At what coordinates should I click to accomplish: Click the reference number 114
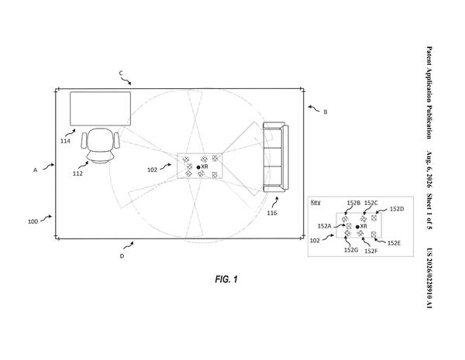point(65,141)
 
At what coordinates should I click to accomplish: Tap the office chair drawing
point(101,146)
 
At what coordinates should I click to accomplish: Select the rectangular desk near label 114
point(100,108)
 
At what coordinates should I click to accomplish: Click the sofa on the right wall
point(276,157)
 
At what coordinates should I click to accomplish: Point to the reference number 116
point(272,213)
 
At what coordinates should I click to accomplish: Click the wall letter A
point(36,170)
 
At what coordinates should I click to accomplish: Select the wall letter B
point(325,112)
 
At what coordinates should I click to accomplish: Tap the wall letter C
point(121,74)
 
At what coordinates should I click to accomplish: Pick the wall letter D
point(122,256)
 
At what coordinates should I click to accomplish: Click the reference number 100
point(33,221)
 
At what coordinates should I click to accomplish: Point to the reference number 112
point(77,173)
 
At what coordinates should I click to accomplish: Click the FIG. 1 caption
point(226,279)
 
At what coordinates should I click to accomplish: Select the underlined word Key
point(315,202)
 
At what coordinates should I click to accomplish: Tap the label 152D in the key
point(397,209)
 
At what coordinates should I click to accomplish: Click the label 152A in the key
point(325,226)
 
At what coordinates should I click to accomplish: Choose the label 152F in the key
point(371,251)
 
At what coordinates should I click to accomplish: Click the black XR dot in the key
point(357,227)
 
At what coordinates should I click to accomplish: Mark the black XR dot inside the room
point(198,167)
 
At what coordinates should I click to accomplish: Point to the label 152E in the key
point(394,243)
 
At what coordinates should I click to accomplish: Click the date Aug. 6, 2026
point(429,170)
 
